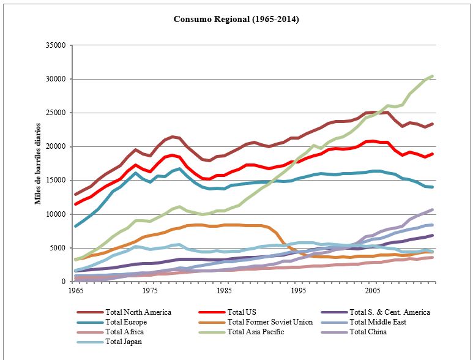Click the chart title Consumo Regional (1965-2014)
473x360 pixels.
[236, 19]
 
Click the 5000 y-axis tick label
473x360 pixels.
[58, 248]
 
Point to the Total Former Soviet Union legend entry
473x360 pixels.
[270, 322]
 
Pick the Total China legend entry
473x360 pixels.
[371, 332]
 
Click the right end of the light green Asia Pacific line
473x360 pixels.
[432, 76]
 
